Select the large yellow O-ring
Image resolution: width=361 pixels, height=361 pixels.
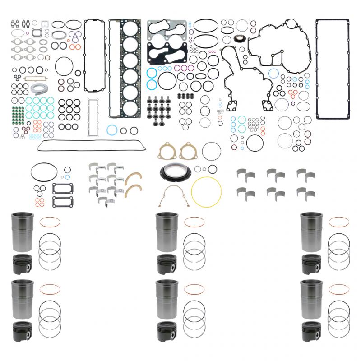(x=207, y=192)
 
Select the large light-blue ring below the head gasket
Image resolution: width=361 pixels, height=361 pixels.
(x=111, y=130)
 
